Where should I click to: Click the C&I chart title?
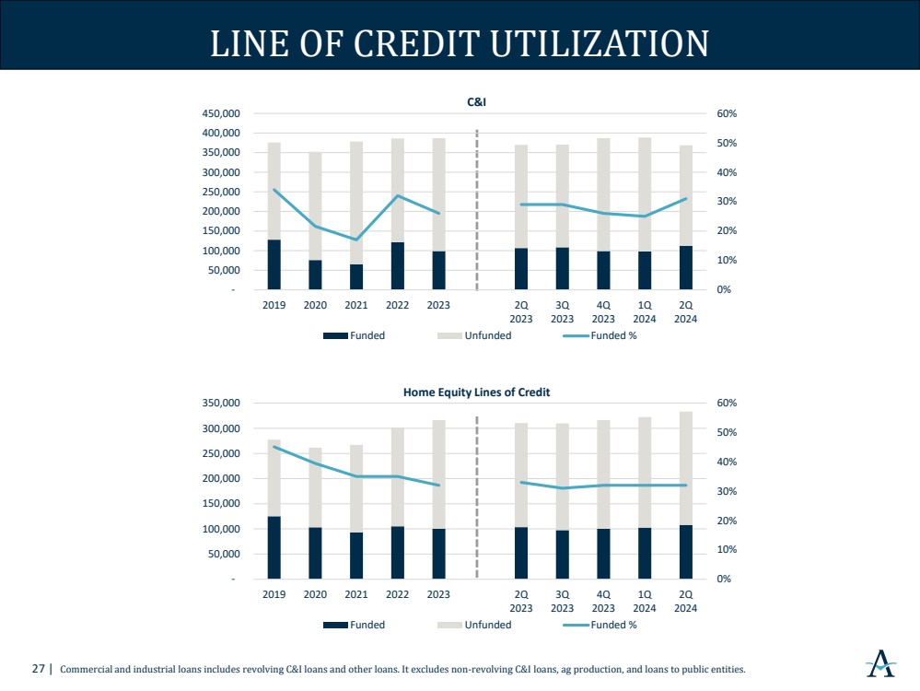pos(476,102)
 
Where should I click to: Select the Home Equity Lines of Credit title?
pos(476,392)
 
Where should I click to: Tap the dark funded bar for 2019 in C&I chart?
pos(274,265)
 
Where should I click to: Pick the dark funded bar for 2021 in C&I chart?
pos(356,277)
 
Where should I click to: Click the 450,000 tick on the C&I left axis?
pos(220,113)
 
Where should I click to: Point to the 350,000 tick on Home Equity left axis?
pos(220,404)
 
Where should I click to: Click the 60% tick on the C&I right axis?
pos(727,113)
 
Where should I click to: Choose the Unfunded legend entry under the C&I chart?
pos(487,335)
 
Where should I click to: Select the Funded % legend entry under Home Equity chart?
pos(613,625)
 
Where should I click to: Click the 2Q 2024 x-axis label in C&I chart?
pos(685,311)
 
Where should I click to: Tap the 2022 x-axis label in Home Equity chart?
pos(397,594)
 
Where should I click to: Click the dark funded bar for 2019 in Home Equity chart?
pos(274,547)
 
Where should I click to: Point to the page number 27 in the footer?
pos(39,669)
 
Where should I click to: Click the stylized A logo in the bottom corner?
pos(881,662)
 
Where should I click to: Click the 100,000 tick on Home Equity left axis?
pos(220,529)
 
